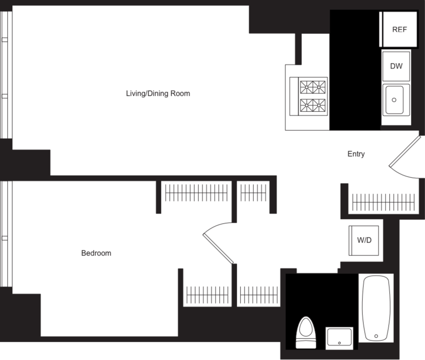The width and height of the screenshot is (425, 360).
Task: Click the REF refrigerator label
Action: click(399, 30)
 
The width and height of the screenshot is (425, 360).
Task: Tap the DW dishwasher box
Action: click(396, 66)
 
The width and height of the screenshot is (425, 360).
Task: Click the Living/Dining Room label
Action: click(158, 94)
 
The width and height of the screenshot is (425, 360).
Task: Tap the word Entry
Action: click(356, 154)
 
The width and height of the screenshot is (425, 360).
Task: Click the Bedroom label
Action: click(96, 253)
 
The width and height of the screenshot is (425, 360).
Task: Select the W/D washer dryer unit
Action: click(364, 240)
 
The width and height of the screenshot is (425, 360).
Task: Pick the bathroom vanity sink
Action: click(339, 338)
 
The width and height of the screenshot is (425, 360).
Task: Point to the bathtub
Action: click(376, 308)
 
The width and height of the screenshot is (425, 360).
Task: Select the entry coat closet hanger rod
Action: click(383, 202)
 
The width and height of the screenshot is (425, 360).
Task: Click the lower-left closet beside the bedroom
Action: click(207, 295)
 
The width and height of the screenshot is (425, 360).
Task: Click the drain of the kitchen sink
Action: click(394, 100)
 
